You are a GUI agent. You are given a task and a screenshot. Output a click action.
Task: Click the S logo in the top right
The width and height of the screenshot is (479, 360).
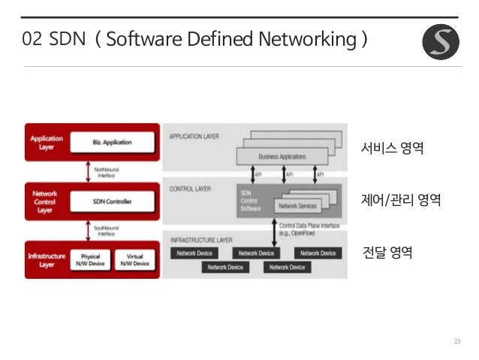click(441, 42)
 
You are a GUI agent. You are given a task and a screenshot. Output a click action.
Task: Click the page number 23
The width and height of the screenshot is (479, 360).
click(456, 343)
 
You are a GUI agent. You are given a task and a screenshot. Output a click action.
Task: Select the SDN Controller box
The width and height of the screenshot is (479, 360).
click(112, 200)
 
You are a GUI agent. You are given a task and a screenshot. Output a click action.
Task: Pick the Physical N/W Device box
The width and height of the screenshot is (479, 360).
click(89, 259)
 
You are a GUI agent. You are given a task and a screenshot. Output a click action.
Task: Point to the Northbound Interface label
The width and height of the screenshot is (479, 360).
click(106, 172)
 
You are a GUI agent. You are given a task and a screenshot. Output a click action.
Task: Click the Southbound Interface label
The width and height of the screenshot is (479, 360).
click(106, 230)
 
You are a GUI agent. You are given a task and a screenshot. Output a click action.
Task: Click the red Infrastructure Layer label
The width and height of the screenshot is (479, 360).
click(46, 259)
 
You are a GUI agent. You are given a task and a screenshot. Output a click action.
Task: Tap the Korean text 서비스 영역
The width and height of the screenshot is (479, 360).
click(392, 147)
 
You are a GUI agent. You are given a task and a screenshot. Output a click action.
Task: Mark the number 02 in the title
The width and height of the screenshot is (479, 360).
click(32, 39)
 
